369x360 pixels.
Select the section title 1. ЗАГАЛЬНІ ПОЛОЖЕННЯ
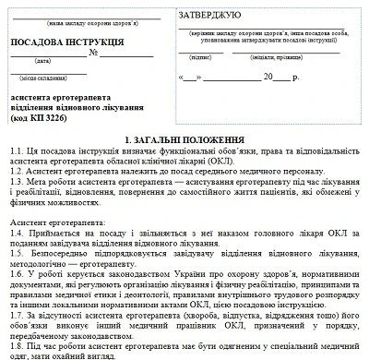[x=184, y=136]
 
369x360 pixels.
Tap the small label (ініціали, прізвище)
[x=294, y=56]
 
